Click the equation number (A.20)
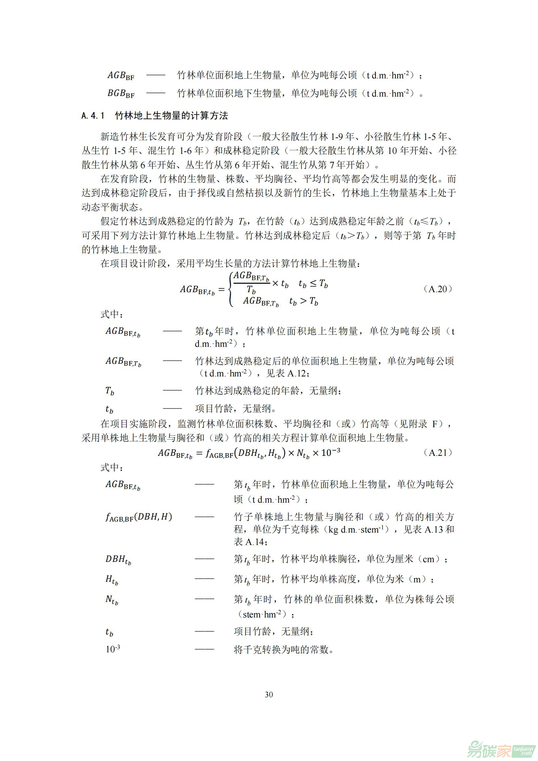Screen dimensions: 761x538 coord(437,289)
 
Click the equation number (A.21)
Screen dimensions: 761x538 coord(437,453)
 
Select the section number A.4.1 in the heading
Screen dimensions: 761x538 coord(93,116)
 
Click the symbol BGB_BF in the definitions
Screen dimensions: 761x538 coord(121,94)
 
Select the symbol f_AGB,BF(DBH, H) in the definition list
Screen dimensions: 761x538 coord(139,517)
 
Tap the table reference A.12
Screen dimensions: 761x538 coord(297,374)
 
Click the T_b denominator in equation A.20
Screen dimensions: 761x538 coord(251,290)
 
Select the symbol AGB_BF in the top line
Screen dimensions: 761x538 coord(121,76)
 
